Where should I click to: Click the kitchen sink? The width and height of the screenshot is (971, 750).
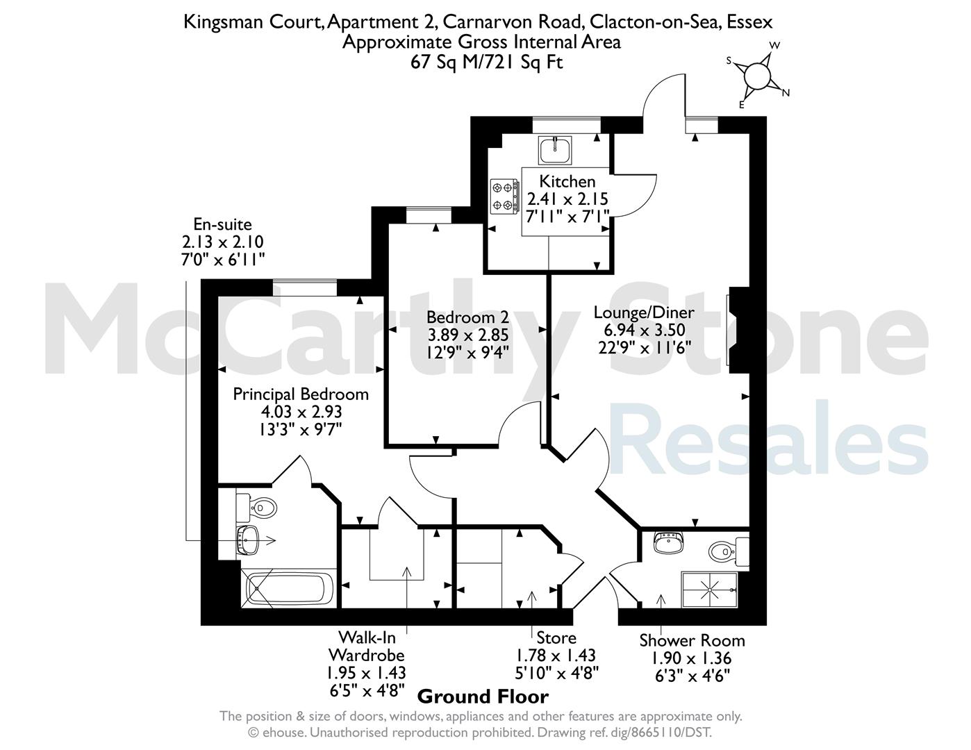(555, 151)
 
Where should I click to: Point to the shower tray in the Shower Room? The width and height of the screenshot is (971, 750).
(710, 590)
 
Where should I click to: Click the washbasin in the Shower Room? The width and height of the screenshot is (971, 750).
(669, 543)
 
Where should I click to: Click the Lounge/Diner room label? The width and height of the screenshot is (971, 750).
(644, 312)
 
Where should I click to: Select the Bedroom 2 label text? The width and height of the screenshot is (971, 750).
(468, 317)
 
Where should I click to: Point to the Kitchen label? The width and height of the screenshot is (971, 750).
(567, 181)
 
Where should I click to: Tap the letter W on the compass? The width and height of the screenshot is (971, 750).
(774, 45)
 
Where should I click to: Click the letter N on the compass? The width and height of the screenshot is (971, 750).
(786, 93)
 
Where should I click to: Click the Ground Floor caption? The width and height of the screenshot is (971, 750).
(483, 697)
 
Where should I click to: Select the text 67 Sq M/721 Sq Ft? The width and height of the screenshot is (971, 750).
(487, 62)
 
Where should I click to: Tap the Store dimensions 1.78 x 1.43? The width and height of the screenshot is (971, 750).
(556, 656)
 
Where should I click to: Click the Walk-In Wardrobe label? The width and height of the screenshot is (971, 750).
(367, 645)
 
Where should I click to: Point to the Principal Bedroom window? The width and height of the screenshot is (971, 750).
(305, 287)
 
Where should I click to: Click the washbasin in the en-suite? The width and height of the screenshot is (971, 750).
(246, 540)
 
